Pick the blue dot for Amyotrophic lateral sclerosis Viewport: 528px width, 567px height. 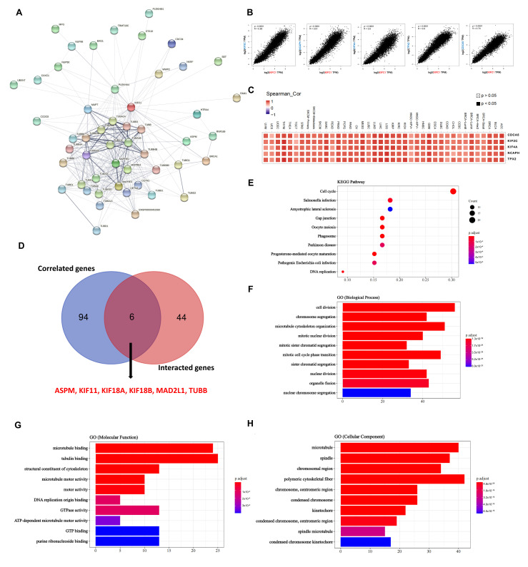click(x=390, y=208)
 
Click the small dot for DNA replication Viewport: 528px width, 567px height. click(x=343, y=272)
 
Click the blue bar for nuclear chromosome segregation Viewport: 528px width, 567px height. click(x=377, y=392)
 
